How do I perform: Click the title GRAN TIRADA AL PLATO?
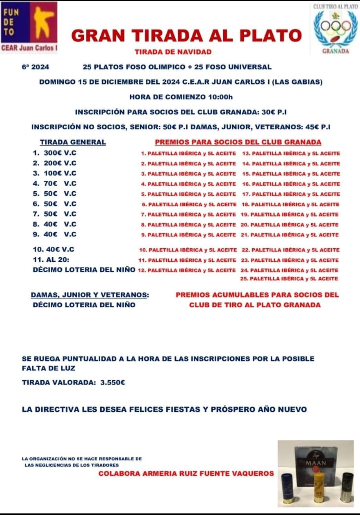click(x=186, y=36)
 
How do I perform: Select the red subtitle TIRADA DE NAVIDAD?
click(x=173, y=51)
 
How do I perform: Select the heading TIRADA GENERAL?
click(x=73, y=142)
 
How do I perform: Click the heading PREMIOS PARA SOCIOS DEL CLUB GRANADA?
click(x=238, y=142)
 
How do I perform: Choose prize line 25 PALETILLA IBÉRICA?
click(x=289, y=279)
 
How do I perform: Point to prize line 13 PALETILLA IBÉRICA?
click(x=291, y=153)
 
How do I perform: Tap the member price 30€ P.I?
click(x=274, y=112)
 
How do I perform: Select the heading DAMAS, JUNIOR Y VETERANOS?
click(x=90, y=295)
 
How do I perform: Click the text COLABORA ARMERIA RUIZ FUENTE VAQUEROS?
click(x=186, y=473)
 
